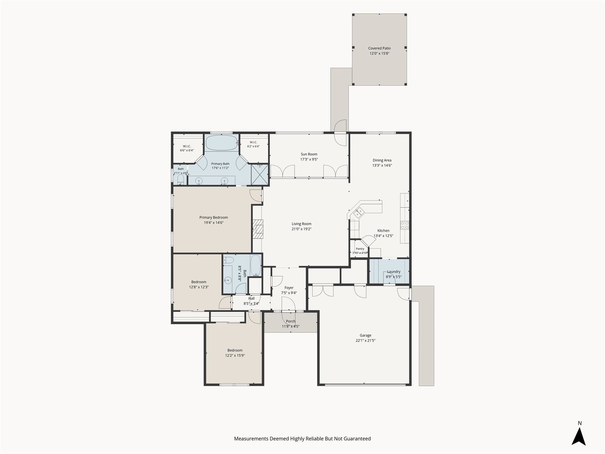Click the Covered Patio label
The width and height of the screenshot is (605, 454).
tap(379, 48)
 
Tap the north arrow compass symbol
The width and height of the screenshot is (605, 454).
tap(579, 436)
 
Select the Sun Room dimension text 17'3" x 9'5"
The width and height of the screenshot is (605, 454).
tap(309, 160)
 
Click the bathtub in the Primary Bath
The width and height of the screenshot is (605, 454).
tap(222, 143)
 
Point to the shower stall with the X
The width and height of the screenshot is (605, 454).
tap(260, 174)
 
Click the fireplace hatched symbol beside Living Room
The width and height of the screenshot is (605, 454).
tap(258, 229)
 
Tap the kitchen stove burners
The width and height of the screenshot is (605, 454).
tap(405, 225)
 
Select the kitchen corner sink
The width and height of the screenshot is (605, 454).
tap(359, 213)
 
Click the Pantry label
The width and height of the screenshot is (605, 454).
tap(360, 249)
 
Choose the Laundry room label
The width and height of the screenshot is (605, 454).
tap(394, 271)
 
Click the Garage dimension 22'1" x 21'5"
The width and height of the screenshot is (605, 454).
tap(366, 340)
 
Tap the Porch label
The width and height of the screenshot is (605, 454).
tap(291, 321)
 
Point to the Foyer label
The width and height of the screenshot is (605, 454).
tap(289, 288)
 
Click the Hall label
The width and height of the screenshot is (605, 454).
tap(251, 298)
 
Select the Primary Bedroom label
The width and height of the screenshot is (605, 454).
tap(214, 217)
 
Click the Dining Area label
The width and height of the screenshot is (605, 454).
tap(382, 160)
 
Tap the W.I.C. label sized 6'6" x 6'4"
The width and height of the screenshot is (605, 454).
tap(187, 146)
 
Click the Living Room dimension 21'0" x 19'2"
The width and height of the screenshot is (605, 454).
tap(302, 229)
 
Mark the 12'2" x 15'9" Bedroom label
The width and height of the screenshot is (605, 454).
tap(235, 350)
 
